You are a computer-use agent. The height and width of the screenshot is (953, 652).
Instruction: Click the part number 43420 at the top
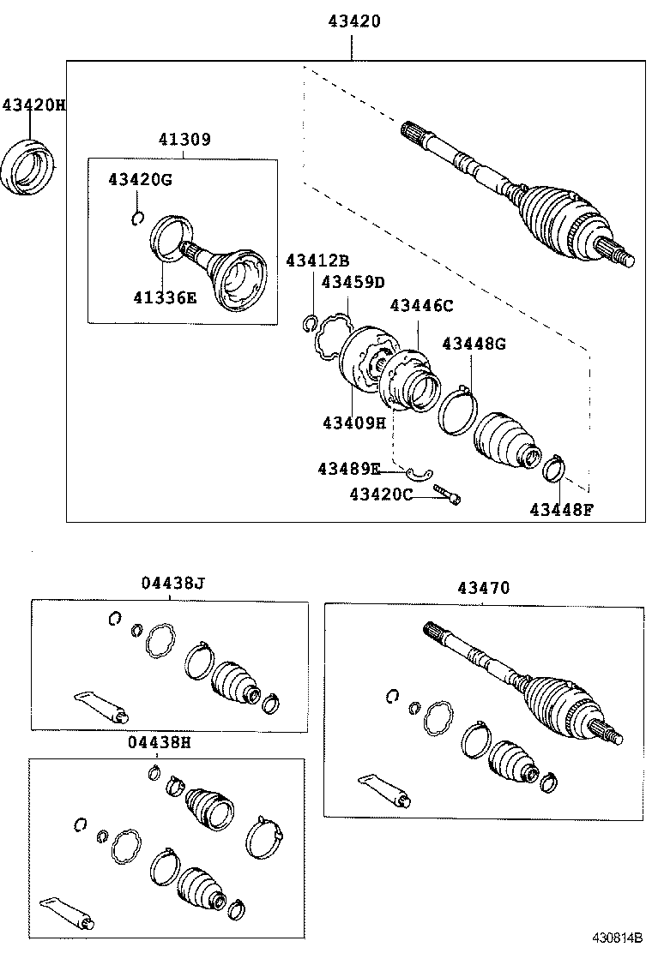[x=353, y=21]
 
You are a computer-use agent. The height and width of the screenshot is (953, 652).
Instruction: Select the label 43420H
[x=33, y=105]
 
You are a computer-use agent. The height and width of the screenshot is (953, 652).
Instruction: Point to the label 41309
[x=184, y=139]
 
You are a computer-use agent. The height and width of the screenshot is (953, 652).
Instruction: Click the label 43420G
[x=140, y=179]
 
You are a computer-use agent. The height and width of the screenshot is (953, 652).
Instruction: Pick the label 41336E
[x=165, y=297]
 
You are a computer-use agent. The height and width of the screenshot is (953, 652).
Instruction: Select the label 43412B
[x=317, y=261]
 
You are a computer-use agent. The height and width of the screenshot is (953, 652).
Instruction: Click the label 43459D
[x=353, y=282]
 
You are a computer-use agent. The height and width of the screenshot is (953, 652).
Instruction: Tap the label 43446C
[x=421, y=305]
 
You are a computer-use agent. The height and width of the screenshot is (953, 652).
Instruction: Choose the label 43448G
[x=474, y=344]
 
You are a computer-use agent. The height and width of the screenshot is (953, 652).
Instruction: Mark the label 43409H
[x=354, y=423]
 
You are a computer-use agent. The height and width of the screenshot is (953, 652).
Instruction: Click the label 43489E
[x=348, y=469]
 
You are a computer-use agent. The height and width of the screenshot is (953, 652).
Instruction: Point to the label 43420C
[x=381, y=494]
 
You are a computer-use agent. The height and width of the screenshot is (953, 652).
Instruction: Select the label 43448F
[x=561, y=510]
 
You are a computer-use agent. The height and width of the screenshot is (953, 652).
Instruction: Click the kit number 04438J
[x=173, y=584]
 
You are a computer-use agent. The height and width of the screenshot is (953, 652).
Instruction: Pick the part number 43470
[x=483, y=588]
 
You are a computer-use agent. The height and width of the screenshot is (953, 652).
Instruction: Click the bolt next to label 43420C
[x=447, y=494]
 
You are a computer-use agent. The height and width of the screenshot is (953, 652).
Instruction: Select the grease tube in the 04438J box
[x=101, y=704]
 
